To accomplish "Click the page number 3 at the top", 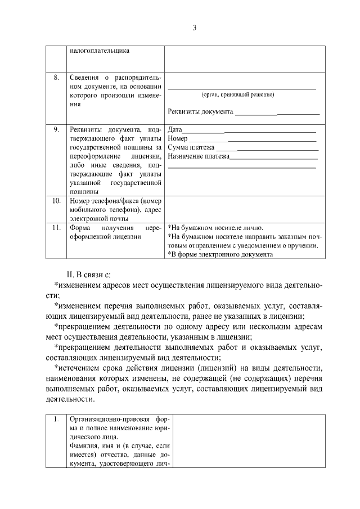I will click(194, 28).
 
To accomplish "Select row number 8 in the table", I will click(57, 77).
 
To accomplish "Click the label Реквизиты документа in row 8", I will click(200, 111).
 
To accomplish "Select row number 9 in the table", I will click(57, 129).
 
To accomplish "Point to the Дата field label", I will click(175, 129).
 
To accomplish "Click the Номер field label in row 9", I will click(178, 138).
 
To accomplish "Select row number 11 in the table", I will click(56, 228).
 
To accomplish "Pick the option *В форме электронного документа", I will click(220, 254).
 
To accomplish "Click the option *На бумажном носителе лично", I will click(215, 228).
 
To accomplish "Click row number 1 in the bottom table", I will click(56, 420).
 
